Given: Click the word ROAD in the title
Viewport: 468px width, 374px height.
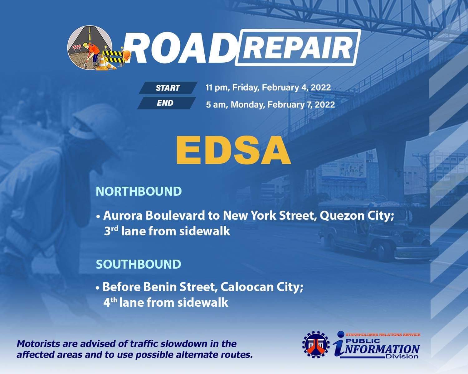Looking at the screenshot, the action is [181, 48].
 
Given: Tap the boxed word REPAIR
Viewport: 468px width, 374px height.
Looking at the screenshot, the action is [298, 48].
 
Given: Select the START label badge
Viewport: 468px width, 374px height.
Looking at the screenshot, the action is [168, 88].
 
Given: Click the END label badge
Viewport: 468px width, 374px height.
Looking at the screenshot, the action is [166, 103].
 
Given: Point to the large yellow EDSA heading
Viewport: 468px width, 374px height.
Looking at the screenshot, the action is [233, 151].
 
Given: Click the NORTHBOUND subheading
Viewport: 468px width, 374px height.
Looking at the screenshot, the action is [139, 191].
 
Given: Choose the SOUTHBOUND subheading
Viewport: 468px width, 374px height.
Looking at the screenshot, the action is [139, 264].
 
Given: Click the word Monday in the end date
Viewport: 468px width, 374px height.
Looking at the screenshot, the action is [248, 105].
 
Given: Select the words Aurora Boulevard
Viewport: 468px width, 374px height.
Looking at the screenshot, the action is [154, 216].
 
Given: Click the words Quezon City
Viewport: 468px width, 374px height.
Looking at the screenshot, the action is [357, 216].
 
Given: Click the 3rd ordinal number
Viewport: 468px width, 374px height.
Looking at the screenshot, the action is [111, 231].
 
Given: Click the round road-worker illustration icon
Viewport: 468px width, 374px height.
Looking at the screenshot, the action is [90, 48].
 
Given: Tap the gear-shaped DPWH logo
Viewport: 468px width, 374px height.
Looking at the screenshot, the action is [316, 345].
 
